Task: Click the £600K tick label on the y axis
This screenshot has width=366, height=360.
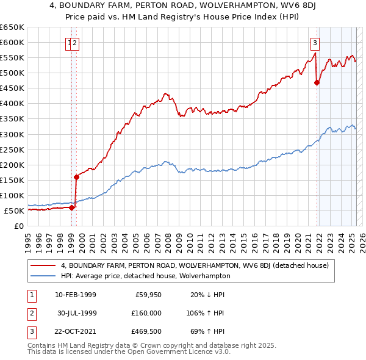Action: [12, 42]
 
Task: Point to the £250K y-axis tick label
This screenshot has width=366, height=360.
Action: [12, 149]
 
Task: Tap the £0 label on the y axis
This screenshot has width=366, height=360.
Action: [19, 226]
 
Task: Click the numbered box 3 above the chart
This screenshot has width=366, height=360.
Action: [315, 43]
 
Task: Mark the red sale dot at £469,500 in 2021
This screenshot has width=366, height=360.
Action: [317, 83]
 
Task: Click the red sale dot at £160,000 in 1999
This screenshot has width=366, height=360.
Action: [76, 177]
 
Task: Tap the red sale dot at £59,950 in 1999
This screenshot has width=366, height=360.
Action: [71, 207]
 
